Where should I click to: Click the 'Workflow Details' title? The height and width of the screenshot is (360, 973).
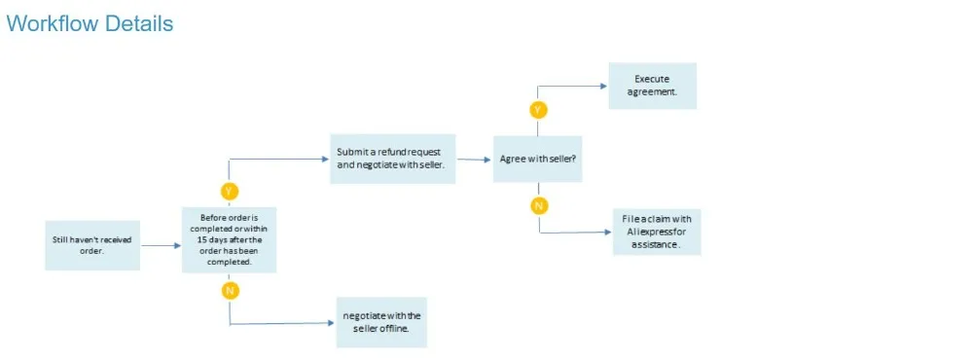point(90,23)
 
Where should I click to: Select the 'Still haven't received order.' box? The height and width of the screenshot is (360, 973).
point(92,245)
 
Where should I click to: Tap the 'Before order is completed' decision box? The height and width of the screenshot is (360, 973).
point(229,239)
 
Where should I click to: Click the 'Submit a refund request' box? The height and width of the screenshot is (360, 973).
point(393,159)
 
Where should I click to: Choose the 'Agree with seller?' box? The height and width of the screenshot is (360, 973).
point(537,159)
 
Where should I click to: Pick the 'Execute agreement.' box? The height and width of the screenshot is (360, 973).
point(652,86)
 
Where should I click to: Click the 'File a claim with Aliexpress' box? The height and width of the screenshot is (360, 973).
point(657,233)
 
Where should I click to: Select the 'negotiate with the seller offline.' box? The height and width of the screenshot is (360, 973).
point(381,322)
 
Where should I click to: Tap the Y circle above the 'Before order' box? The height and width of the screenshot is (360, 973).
point(229,191)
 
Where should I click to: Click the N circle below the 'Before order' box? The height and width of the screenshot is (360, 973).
point(230,291)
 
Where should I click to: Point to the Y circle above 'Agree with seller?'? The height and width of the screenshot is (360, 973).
point(538,111)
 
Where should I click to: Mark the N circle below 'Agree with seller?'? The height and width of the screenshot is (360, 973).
point(539,205)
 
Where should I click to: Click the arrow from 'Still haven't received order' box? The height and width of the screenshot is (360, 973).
point(162,246)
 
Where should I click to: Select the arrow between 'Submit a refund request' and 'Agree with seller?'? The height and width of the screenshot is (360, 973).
point(475,160)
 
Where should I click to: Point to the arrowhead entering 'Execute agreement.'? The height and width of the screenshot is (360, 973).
point(604,87)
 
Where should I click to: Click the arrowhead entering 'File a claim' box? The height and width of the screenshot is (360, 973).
point(608,233)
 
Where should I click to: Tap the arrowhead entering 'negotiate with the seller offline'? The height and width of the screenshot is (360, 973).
point(331,323)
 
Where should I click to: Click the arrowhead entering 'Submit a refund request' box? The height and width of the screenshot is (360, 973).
point(325,159)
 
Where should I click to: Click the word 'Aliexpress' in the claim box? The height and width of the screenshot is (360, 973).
point(650,233)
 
